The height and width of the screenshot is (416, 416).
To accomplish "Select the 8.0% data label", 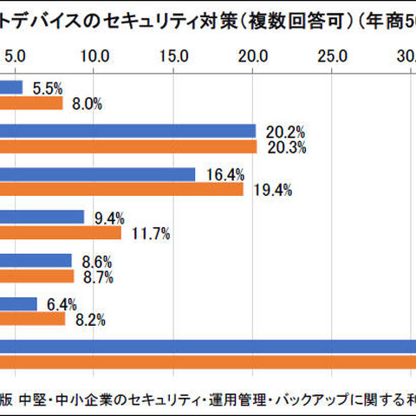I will coord(88,104).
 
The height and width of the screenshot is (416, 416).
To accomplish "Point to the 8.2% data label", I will coord(91,320).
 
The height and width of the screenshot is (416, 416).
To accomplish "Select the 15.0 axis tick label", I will coord(174,56).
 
